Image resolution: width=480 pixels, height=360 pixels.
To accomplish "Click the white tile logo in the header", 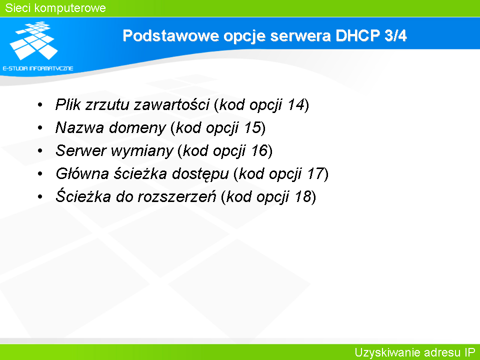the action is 33,40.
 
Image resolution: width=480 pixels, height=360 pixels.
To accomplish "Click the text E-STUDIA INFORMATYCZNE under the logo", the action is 38,68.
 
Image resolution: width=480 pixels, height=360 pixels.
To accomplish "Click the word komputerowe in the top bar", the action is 70,8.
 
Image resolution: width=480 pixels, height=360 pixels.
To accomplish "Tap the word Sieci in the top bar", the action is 17,8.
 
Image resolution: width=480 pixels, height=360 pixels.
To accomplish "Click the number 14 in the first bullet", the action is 296,104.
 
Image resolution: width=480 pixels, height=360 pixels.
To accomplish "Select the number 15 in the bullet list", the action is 253,127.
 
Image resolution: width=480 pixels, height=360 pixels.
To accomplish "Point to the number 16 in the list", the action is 259,150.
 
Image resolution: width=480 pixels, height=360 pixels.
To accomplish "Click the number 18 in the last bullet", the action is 303,196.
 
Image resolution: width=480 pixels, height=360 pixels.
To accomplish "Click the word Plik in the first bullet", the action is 68,104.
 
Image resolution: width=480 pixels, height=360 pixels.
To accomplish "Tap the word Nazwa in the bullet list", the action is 79,127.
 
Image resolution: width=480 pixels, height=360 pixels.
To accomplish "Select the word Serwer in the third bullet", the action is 81,150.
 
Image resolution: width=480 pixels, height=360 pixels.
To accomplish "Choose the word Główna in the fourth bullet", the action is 82,173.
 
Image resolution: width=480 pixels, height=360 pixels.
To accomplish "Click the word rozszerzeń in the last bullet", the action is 177,196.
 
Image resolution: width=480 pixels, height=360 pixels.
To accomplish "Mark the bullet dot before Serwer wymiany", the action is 40,150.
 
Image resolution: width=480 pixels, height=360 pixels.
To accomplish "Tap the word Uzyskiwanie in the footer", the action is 385,352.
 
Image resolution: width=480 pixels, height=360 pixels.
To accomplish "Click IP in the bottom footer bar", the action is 470,352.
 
